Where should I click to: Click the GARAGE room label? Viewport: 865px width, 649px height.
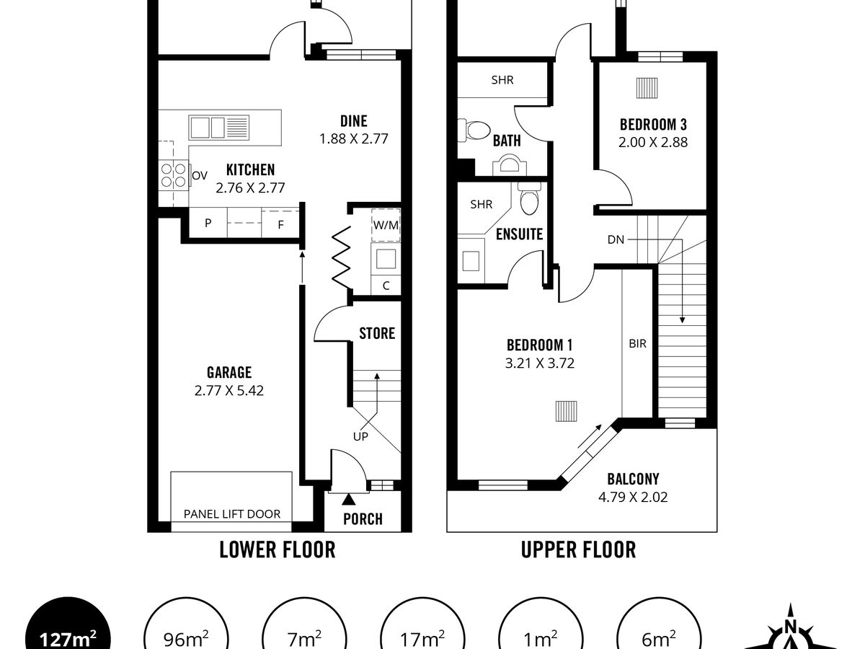tap(229, 372)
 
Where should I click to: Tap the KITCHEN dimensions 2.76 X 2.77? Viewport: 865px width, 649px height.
tap(250, 187)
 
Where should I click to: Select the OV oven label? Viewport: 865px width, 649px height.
tap(200, 175)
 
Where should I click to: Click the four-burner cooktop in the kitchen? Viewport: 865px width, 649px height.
tap(174, 175)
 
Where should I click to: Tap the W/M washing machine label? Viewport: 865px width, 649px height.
tap(386, 225)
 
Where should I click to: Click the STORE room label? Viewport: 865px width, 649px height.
tap(377, 333)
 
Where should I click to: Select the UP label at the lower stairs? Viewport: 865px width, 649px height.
tap(360, 436)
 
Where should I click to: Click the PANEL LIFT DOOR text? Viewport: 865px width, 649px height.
tap(232, 514)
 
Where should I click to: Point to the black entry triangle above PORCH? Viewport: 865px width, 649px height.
tap(348, 500)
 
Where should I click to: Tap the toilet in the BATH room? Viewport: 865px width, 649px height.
tap(474, 130)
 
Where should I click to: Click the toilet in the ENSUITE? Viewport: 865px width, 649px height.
tap(529, 198)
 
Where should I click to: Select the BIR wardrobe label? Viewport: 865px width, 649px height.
tap(638, 344)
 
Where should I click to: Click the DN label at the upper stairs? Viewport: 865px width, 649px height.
tap(616, 239)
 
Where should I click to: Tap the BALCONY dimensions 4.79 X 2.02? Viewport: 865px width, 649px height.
tap(633, 497)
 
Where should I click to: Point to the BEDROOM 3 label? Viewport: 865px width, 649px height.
tap(653, 125)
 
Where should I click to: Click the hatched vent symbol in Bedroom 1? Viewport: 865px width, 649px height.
tap(567, 411)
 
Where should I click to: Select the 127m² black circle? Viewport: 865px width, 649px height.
tap(68, 627)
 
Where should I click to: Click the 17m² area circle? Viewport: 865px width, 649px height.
tap(422, 627)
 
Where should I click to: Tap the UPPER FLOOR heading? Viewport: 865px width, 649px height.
tap(579, 549)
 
